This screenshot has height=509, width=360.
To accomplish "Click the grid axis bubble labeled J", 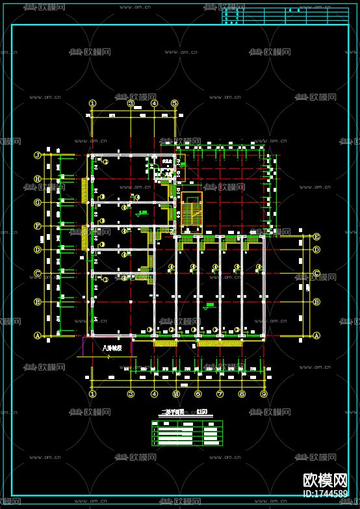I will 37,155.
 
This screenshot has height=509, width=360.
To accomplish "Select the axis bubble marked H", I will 37,179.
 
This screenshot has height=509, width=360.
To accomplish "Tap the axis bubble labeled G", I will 37,202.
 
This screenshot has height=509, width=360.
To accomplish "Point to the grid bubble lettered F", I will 37,226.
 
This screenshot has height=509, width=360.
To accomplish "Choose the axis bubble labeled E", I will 316,237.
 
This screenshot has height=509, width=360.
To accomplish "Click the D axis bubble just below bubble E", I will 316,250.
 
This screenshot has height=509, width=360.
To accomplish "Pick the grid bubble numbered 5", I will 175,103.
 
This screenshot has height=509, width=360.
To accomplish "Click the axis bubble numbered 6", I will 198,394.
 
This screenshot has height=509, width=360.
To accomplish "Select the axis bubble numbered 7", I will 220,394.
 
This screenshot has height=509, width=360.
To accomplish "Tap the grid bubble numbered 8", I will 242,394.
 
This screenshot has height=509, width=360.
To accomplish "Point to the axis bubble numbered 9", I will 264,394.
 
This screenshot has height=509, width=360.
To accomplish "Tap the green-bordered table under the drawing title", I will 186,433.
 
